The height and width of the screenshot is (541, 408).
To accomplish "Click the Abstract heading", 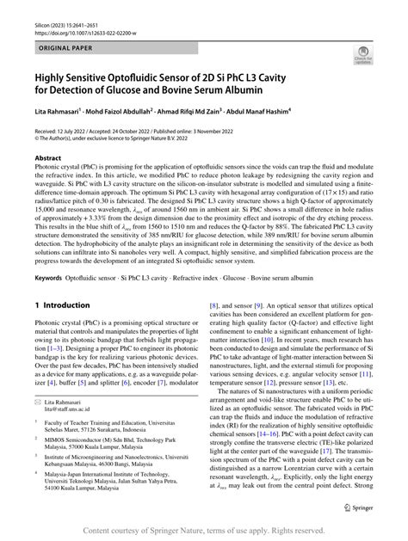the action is (47, 159).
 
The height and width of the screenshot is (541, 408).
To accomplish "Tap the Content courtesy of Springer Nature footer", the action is (203, 532).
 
